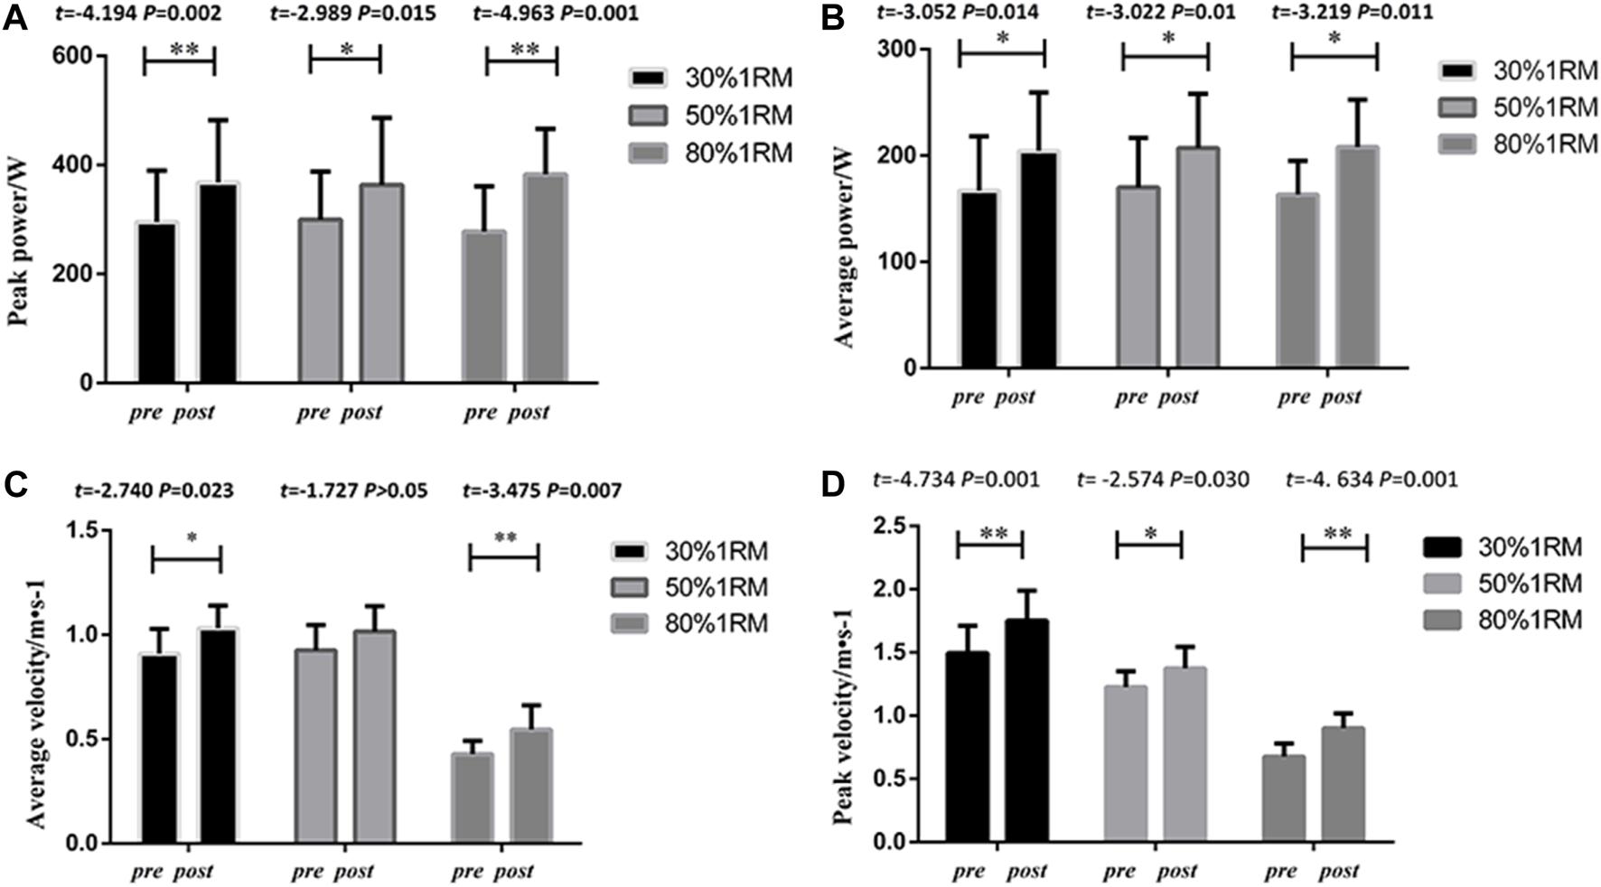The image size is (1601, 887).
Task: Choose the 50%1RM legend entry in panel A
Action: click(x=711, y=116)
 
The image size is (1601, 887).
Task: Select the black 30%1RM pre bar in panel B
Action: click(x=979, y=280)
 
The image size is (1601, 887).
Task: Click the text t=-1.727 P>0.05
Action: click(x=353, y=490)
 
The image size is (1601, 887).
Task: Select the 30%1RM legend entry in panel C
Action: click(x=689, y=551)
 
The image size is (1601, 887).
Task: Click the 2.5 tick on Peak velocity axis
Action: click(x=891, y=526)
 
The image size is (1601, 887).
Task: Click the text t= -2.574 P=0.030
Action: click(x=1164, y=479)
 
